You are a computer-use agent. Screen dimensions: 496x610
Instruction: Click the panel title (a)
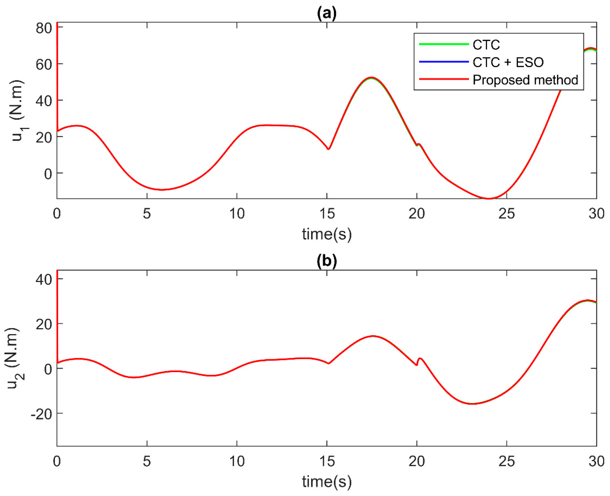click(x=326, y=14)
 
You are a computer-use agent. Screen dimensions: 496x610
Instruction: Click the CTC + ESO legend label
click(x=508, y=62)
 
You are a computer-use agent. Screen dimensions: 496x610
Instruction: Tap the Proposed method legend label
click(x=525, y=80)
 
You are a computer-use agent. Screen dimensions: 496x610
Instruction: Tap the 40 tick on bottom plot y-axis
click(x=44, y=279)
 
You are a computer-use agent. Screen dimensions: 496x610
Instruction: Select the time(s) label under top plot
click(x=326, y=234)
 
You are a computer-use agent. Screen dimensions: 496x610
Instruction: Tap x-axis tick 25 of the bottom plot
click(x=507, y=461)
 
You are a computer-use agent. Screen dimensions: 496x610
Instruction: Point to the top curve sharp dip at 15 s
click(x=328, y=149)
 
